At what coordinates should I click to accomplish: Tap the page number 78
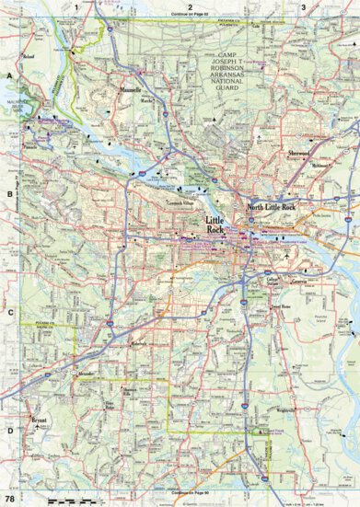tap(8, 498)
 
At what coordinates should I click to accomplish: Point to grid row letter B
tap(8, 194)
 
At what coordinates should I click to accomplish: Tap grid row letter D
tap(8, 429)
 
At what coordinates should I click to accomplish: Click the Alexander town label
tap(87, 374)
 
